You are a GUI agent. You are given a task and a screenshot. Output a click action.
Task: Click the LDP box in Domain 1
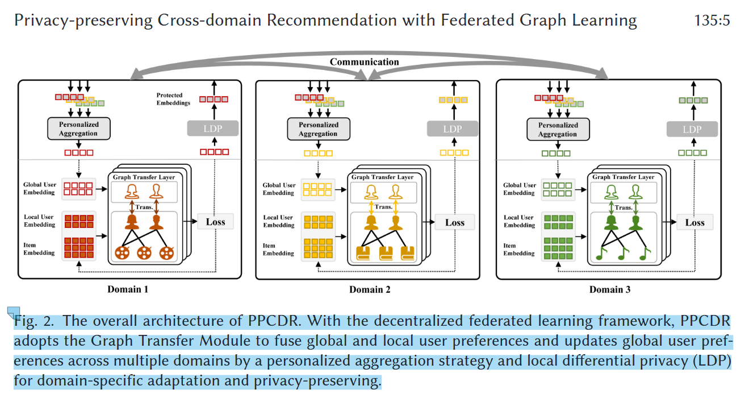[213, 128]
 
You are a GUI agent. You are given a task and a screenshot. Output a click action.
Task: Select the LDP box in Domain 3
[692, 129]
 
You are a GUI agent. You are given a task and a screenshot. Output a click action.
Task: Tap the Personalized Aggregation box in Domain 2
[319, 129]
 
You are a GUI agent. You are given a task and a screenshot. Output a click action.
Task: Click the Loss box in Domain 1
[215, 222]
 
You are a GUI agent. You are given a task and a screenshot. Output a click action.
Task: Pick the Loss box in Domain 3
[695, 222]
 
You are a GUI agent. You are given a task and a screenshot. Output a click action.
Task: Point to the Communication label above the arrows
[364, 62]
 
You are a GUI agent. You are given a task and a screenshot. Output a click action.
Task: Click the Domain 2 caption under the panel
[370, 289]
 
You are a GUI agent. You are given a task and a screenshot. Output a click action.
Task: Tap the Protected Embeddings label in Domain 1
[173, 99]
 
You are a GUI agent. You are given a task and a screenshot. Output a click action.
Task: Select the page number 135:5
[712, 20]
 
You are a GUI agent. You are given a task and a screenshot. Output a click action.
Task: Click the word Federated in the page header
[477, 20]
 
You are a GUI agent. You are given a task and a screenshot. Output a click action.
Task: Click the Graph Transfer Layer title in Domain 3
[624, 177]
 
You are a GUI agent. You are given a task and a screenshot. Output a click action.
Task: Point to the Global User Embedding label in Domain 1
[39, 188]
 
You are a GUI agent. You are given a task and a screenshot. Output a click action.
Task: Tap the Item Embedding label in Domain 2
[278, 250]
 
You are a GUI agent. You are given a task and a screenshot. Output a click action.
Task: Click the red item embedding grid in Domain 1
[79, 248]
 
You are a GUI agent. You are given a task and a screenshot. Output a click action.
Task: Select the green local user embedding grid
[558, 222]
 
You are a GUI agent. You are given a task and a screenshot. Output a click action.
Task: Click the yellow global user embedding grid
[317, 189]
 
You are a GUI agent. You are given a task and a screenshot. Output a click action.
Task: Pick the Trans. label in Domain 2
[383, 207]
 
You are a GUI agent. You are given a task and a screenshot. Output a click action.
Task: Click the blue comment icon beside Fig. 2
[14, 312]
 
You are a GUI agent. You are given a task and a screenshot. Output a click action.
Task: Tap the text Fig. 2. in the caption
[34, 321]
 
